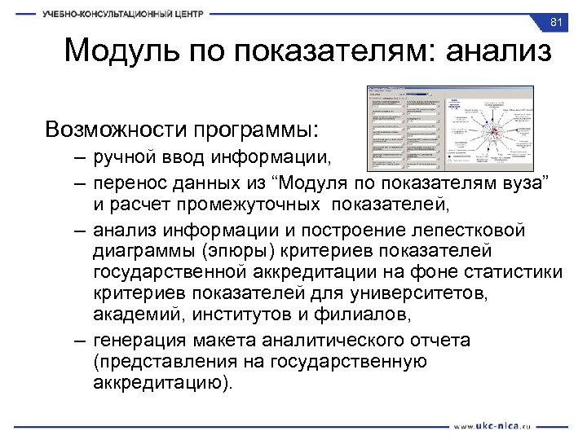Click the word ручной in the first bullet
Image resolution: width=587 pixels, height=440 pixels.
tap(122, 156)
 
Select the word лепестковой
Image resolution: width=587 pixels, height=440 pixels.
tap(486, 231)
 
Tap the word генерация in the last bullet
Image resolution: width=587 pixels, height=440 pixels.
tap(135, 340)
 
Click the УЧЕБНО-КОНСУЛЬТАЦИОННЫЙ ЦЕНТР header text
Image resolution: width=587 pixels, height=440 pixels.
tap(123, 14)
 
